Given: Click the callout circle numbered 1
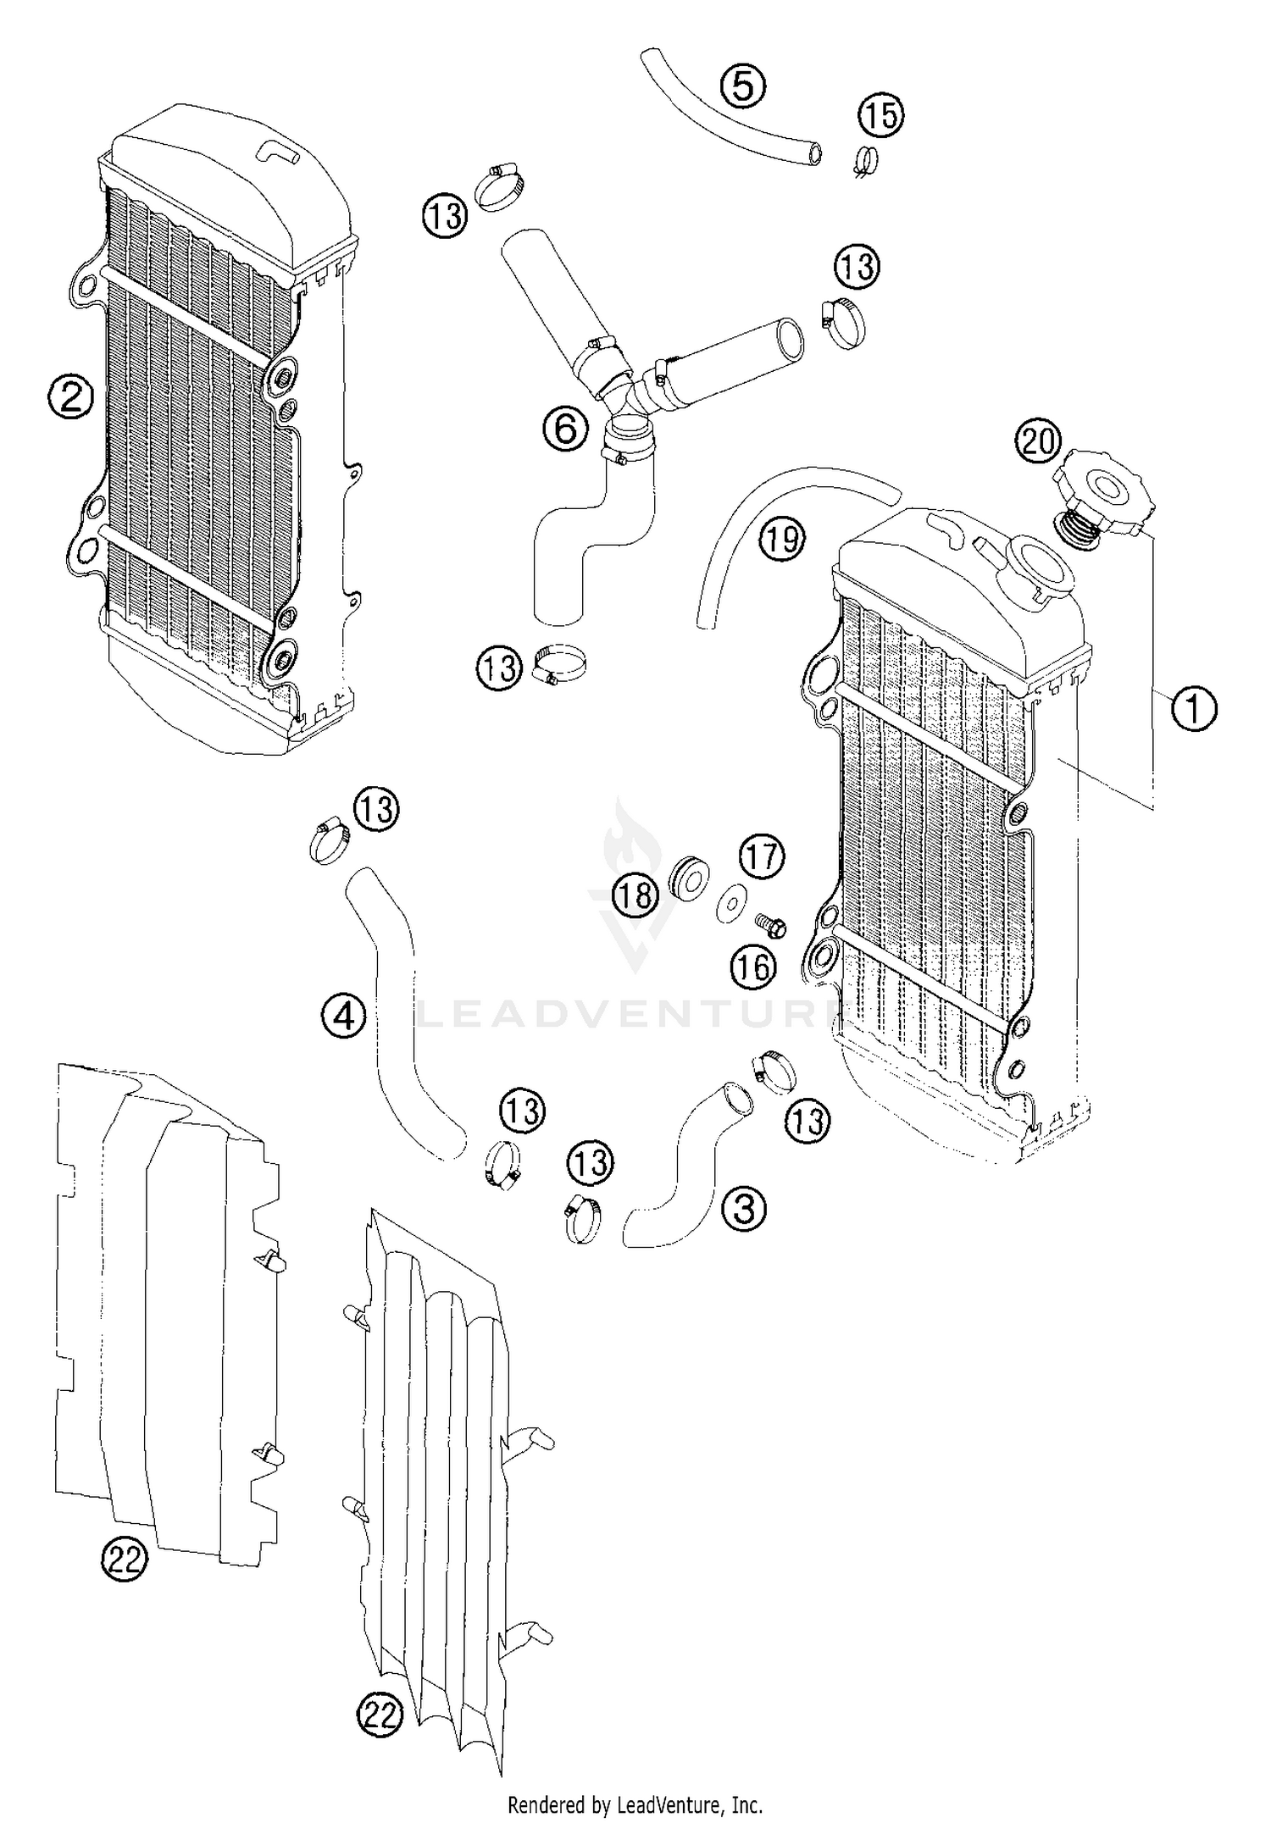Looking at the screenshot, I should click(1193, 708).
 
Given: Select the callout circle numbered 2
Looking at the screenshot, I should click(69, 396).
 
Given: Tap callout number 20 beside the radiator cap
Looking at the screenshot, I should click(1038, 442).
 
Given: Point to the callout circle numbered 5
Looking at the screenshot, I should click(743, 86).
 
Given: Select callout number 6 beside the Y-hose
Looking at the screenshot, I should click(565, 429).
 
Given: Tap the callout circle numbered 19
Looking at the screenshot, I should click(781, 537).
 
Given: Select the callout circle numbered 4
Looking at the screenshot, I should click(343, 1015).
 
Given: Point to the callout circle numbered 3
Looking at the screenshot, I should click(743, 1209).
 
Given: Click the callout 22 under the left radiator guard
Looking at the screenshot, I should click(125, 1560).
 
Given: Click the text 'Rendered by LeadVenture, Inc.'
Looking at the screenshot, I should click(635, 1805).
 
